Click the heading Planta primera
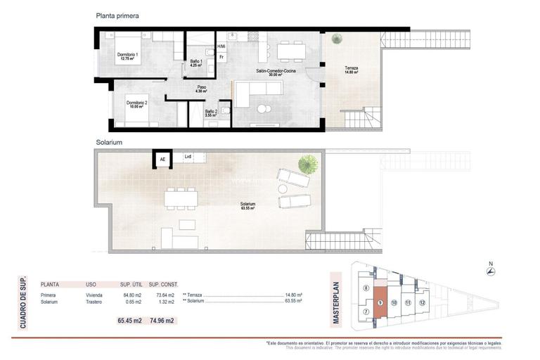click(x=117, y=15)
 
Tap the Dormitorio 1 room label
click(x=128, y=57)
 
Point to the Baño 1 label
click(x=196, y=63)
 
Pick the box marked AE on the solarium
click(x=163, y=160)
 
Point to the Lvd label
click(x=188, y=157)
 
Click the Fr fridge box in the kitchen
click(x=221, y=57)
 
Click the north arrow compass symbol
click(x=490, y=272)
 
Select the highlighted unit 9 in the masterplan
click(x=380, y=302)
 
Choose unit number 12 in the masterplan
click(x=422, y=302)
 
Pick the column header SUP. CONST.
click(x=163, y=285)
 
